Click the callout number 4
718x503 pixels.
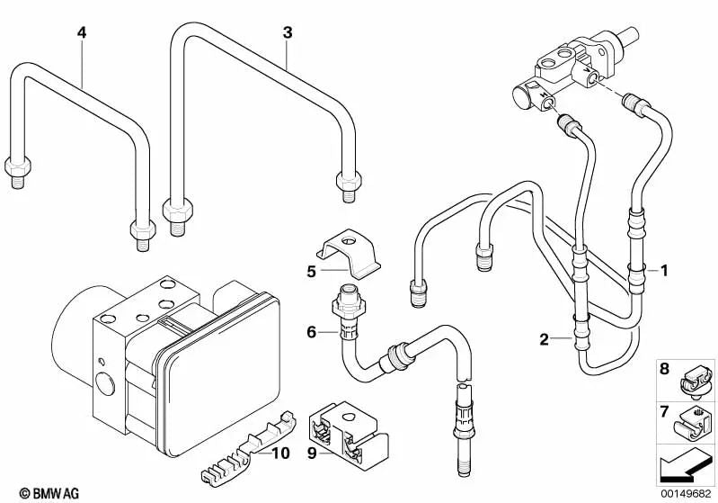[x=82, y=33]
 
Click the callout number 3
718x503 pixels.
[x=287, y=33]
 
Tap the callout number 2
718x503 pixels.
[x=544, y=339]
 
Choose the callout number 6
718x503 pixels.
[x=311, y=332]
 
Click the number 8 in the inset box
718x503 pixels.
[x=664, y=369]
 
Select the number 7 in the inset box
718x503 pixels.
[x=664, y=411]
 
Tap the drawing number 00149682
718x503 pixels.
[x=680, y=493]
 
